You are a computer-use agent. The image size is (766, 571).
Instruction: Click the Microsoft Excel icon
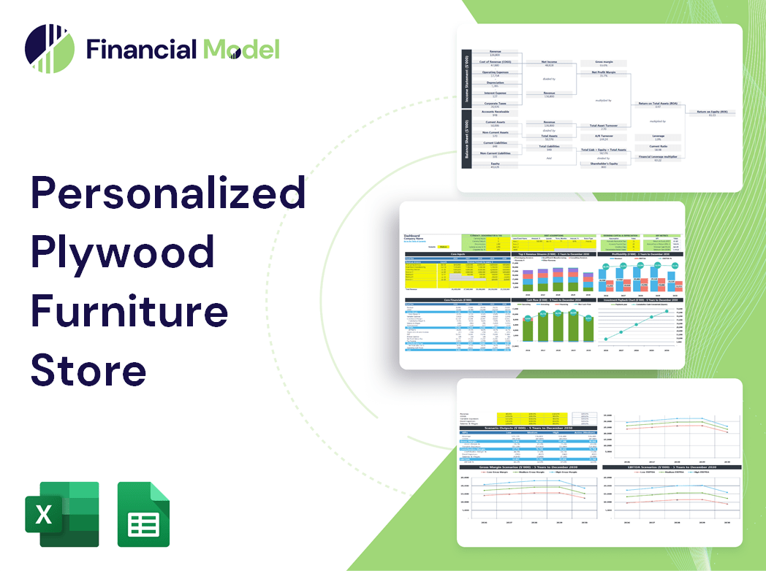click(x=62, y=514)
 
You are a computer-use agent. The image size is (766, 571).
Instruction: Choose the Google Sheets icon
click(x=144, y=514)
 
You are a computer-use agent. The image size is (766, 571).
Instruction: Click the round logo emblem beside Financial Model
click(x=50, y=49)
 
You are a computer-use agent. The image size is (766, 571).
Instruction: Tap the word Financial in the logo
click(x=141, y=50)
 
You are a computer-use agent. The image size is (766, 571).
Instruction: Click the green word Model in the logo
click(x=241, y=50)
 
